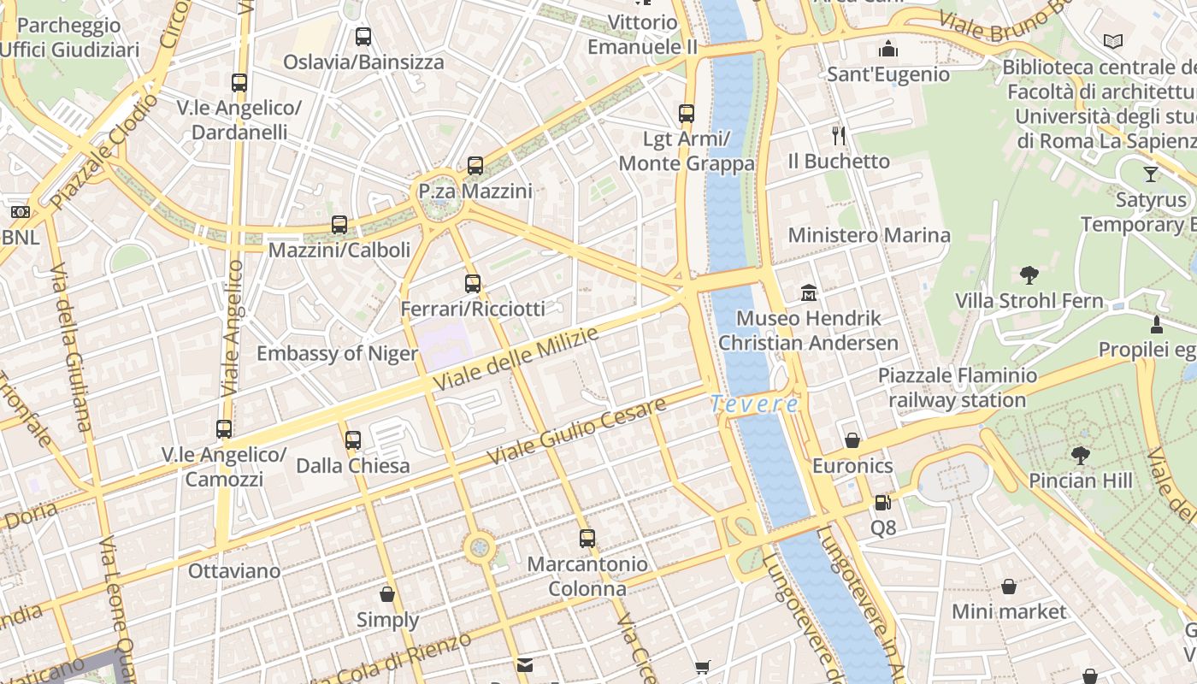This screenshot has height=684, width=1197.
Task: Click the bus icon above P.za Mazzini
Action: click(x=475, y=166)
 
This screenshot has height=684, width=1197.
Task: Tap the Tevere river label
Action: click(x=754, y=404)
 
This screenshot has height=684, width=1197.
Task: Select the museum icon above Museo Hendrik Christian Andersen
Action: click(x=809, y=293)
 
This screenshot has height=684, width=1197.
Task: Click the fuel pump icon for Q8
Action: click(x=883, y=503)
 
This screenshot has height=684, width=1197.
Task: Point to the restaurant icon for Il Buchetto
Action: click(x=839, y=135)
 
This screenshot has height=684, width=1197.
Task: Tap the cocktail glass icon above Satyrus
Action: click(x=1151, y=174)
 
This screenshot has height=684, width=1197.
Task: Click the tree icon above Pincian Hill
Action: click(x=1081, y=455)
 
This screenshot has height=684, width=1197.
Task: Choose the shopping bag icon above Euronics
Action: click(x=852, y=440)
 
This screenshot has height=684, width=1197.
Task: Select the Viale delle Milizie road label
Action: click(x=516, y=359)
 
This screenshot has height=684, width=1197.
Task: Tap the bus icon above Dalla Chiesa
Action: click(x=353, y=440)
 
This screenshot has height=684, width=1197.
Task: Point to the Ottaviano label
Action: click(x=234, y=570)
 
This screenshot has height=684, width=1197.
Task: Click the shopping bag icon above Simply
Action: click(x=387, y=593)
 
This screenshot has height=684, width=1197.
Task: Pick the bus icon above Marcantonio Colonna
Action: click(x=587, y=539)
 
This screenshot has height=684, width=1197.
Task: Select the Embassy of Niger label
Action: click(x=337, y=353)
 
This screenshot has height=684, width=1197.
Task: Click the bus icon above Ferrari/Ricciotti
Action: click(x=473, y=284)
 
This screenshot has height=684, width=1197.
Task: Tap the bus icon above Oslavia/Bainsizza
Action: click(x=363, y=37)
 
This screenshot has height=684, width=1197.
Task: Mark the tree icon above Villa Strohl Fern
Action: click(x=1029, y=275)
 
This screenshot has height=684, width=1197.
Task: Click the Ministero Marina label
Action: click(x=869, y=235)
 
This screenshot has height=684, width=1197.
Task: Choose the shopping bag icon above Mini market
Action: click(x=1009, y=587)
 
